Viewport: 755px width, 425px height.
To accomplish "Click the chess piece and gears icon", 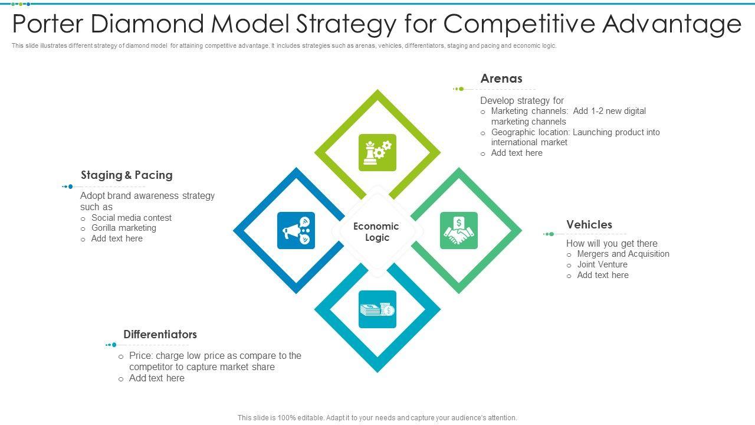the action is tap(377, 152).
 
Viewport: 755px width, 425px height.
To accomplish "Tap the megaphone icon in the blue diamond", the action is tap(296, 230).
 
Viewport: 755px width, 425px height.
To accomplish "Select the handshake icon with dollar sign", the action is tap(459, 230).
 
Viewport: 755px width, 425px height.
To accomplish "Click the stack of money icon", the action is tap(377, 309).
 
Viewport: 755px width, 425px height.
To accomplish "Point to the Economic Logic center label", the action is tap(376, 232).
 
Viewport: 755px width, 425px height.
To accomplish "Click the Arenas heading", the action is tap(501, 79).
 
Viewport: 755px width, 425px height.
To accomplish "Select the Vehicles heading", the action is tap(589, 224).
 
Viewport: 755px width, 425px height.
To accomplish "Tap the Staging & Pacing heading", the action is tap(127, 175).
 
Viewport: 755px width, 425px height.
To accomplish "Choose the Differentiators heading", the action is tap(160, 334).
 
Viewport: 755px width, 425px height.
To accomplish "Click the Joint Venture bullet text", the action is tap(602, 264).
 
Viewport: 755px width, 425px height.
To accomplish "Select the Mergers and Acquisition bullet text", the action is tap(623, 254).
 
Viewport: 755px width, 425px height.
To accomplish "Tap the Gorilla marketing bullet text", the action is tap(124, 228).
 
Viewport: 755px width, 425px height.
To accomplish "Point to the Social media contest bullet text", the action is tap(132, 218).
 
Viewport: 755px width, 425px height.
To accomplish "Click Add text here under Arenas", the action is tap(517, 153).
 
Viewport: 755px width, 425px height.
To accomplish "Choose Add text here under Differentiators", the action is tap(157, 378).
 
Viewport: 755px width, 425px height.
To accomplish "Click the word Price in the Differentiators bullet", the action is tap(140, 356).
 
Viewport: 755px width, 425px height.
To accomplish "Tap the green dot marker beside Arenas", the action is tap(461, 89).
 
